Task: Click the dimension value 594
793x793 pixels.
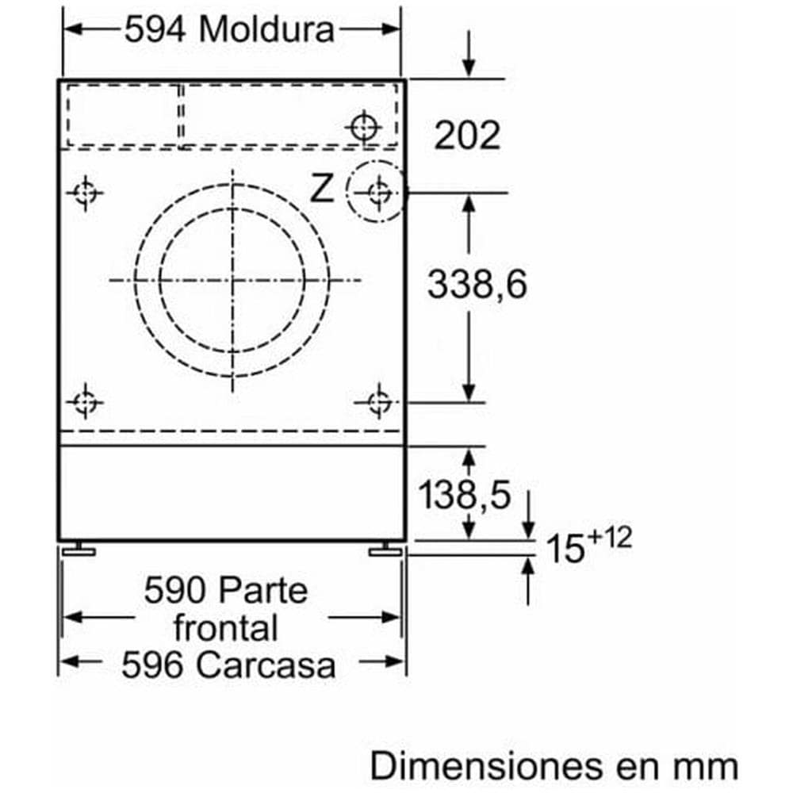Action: [x=155, y=30]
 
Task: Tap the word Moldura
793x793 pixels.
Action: [x=267, y=30]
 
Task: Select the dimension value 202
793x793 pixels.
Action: [x=467, y=136]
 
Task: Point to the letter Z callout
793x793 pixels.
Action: [x=321, y=190]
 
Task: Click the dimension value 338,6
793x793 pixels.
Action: [x=477, y=284]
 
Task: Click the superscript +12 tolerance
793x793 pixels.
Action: [x=611, y=539]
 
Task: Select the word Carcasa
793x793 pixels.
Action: [x=266, y=665]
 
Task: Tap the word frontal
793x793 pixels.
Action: [x=226, y=628]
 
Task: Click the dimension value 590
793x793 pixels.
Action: [x=177, y=590]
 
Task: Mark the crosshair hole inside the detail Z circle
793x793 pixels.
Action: [x=379, y=191]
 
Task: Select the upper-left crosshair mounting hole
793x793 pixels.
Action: [x=84, y=192]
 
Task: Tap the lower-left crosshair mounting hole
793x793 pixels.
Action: [x=84, y=403]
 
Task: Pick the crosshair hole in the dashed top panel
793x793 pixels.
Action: [x=364, y=125]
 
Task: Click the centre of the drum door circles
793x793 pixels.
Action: [x=232, y=280]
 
